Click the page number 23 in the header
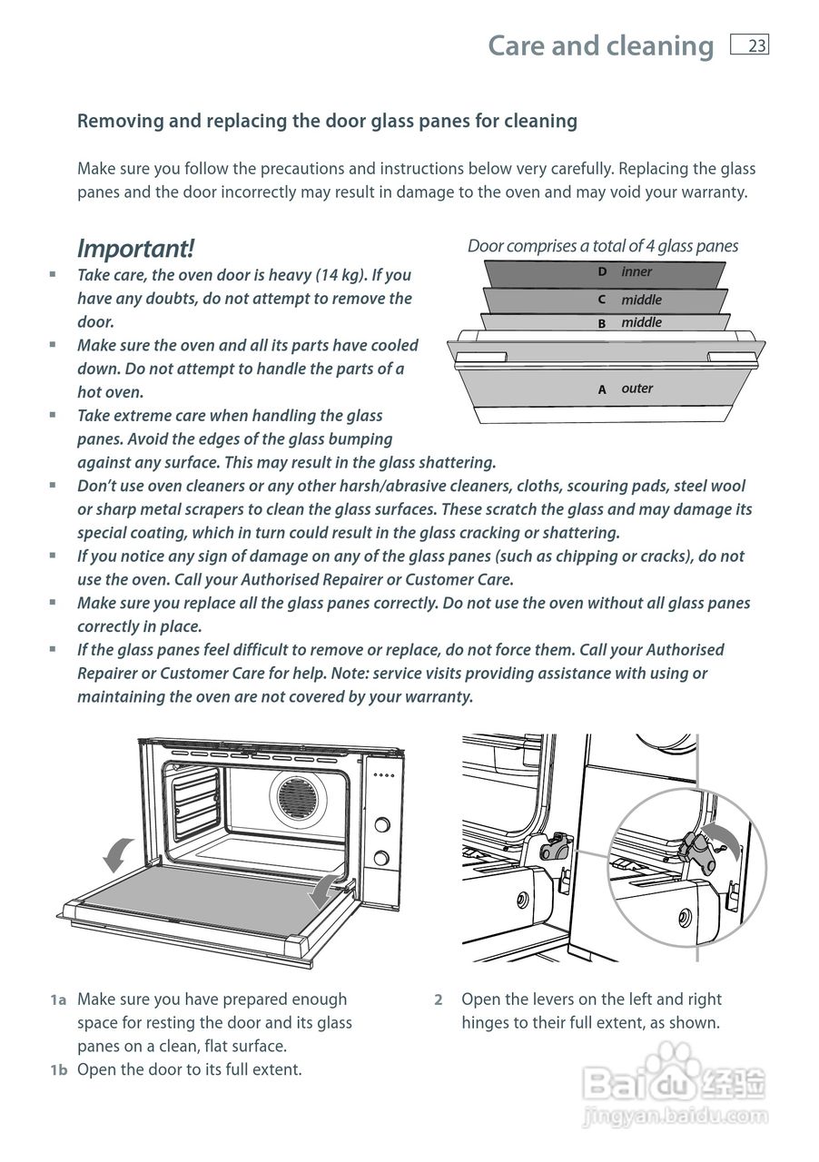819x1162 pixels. coord(756,46)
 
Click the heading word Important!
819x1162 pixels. coord(135,248)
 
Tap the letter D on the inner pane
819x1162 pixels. coord(602,271)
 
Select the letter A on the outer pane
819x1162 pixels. coord(602,389)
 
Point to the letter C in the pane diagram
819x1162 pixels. coord(602,300)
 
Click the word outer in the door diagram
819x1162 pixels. coord(636,389)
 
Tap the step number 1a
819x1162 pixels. coord(58,1000)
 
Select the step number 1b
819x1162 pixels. coord(59,1069)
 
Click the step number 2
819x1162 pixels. coord(438,1000)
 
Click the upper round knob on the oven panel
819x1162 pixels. coord(382,825)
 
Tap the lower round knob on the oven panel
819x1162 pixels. coord(382,858)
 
